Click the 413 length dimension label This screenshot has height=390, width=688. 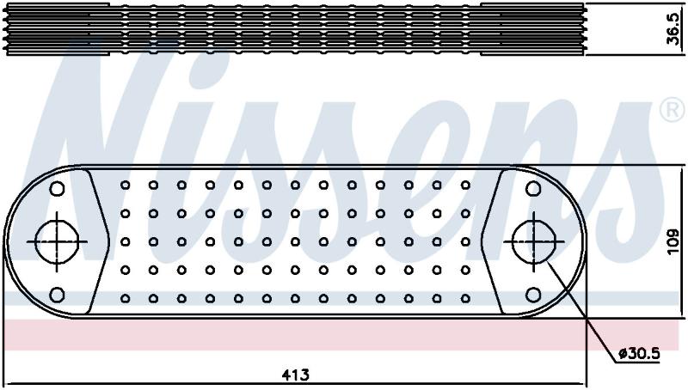295,375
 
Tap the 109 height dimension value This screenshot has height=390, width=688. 673,241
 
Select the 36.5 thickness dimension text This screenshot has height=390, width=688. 673,29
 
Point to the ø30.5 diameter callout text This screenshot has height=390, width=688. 639,353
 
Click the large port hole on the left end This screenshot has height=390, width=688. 57,242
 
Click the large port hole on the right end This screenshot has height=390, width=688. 533,242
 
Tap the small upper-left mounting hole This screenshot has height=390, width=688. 57,189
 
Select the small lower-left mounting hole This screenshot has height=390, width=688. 57,295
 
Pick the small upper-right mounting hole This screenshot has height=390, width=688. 533,189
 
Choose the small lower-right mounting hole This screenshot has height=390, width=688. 533,295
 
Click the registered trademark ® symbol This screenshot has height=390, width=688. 673,109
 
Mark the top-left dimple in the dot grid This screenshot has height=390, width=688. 125,186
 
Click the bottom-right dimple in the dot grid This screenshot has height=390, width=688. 465,298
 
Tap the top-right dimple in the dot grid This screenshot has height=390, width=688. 465,186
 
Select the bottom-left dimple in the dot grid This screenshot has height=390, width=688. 125,298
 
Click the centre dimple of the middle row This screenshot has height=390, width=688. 295,242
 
